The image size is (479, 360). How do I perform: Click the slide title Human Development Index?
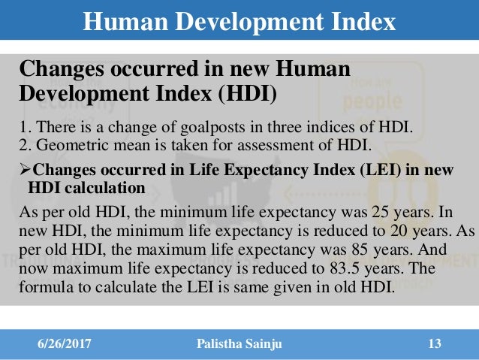pos(239,21)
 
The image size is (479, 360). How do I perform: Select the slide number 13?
pos(433,344)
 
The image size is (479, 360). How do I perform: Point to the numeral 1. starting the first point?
pos(23,126)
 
